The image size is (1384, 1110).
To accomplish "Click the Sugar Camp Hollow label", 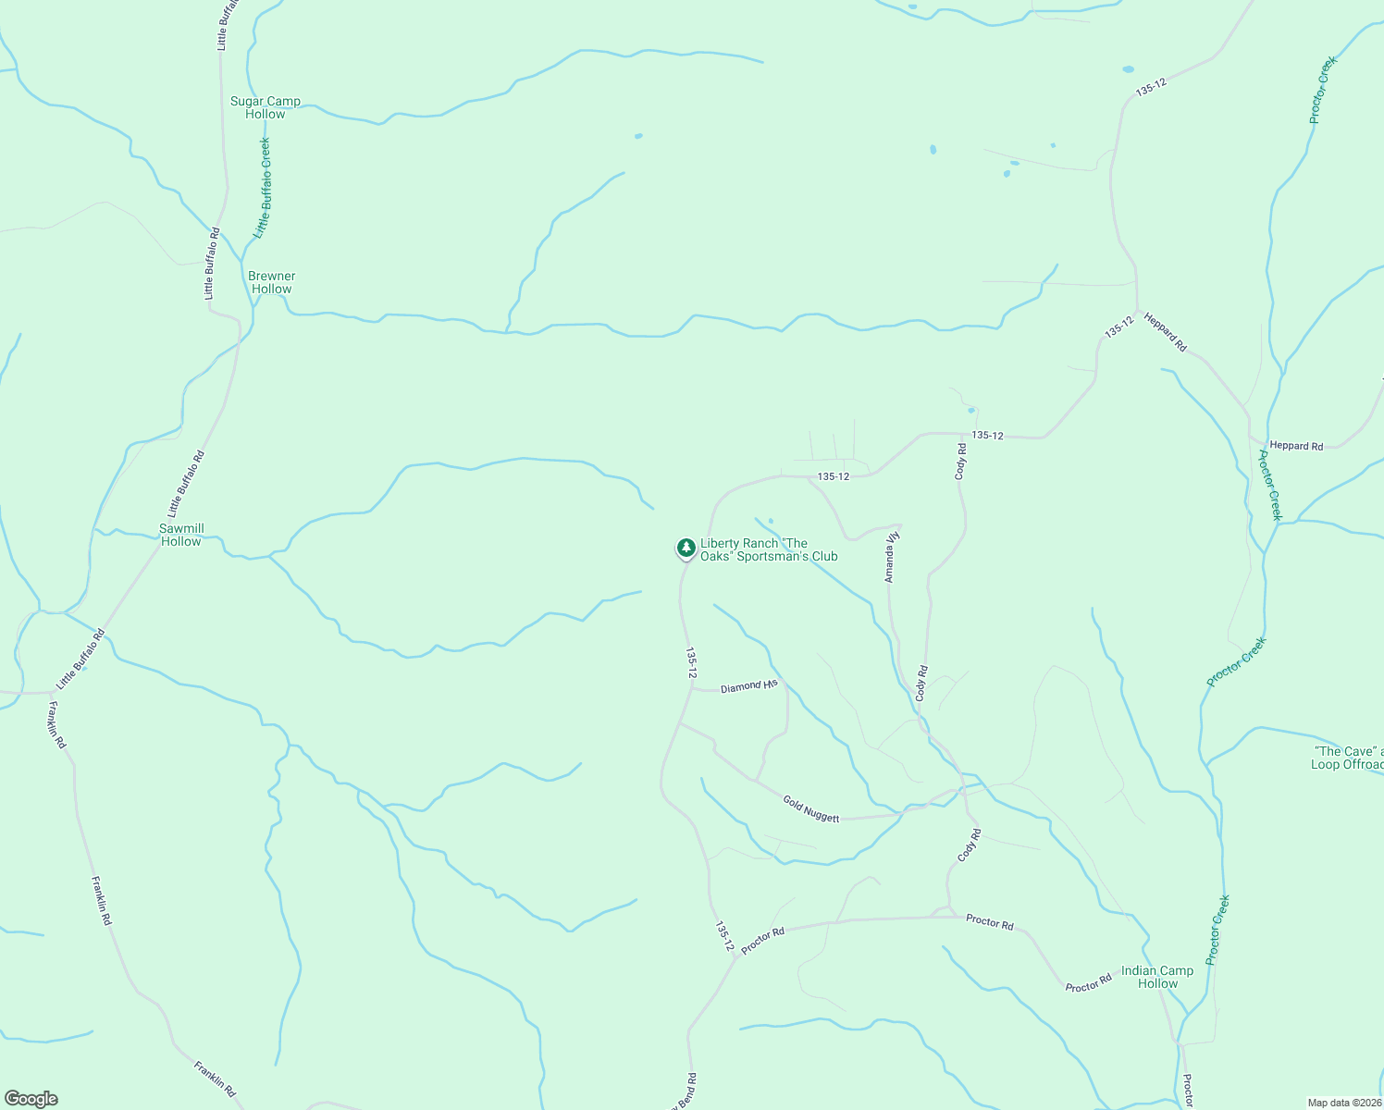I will [x=266, y=107].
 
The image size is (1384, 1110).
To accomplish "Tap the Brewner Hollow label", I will [x=272, y=282].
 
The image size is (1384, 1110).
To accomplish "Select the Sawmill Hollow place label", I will [x=181, y=535].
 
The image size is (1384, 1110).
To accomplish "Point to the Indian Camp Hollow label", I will [x=1157, y=977].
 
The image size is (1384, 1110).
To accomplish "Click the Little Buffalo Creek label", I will [x=264, y=188].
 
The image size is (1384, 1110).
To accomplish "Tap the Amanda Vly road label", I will [x=891, y=554].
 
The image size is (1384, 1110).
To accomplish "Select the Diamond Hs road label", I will [x=749, y=686].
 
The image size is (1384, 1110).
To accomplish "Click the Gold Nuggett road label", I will [x=811, y=808].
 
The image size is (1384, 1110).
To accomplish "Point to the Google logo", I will [x=31, y=1099].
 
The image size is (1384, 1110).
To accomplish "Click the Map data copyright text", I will [x=1344, y=1103].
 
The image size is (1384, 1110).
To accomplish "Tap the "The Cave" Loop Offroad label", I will [x=1347, y=758].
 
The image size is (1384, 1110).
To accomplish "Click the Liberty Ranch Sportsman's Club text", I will [x=769, y=549].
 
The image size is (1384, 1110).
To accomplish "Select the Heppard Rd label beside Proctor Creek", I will [x=1296, y=445].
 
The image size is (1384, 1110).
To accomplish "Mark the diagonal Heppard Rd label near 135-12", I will [x=1165, y=331].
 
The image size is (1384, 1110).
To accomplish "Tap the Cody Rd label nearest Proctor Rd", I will [x=969, y=845].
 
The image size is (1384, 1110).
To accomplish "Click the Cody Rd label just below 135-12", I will [x=961, y=461].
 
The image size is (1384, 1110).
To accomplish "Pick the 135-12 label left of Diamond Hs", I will [x=690, y=662].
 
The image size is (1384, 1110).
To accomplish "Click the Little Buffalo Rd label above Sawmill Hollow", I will [x=185, y=484].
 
